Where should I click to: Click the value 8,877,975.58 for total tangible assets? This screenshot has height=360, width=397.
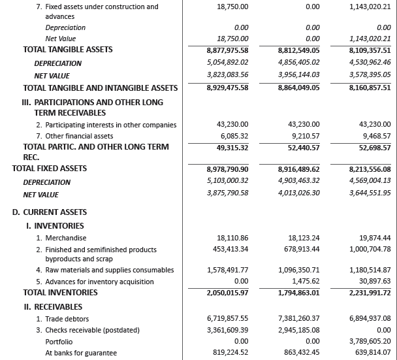pyautogui.click(x=227, y=50)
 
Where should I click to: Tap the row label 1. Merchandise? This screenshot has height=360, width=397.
pyautogui.click(x=61, y=238)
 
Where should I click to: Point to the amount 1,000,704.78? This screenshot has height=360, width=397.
pyautogui.click(x=370, y=249)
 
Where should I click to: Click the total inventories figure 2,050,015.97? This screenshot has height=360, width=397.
pyautogui.click(x=227, y=293)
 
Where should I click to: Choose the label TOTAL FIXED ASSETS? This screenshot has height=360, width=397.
pyautogui.click(x=50, y=169)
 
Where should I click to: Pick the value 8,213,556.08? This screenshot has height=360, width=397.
pyautogui.click(x=370, y=169)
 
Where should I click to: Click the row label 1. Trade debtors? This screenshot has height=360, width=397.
pyautogui.click(x=65, y=318)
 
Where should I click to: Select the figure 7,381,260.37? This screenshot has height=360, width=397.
pyautogui.click(x=299, y=318)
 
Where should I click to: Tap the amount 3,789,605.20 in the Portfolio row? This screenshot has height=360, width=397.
pyautogui.click(x=370, y=342)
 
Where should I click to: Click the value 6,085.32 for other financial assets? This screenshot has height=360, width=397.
pyautogui.click(x=232, y=136)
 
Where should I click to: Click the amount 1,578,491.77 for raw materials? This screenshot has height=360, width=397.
pyautogui.click(x=227, y=270)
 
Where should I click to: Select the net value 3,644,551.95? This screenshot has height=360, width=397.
pyautogui.click(x=370, y=193)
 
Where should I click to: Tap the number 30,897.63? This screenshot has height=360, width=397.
pyautogui.click(x=375, y=281)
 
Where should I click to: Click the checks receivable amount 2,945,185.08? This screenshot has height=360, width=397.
pyautogui.click(x=299, y=330)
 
